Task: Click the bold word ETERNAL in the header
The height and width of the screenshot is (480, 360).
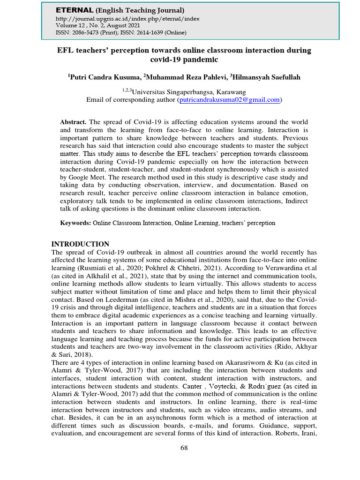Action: [75, 10]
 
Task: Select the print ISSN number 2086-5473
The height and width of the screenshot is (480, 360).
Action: [87, 32]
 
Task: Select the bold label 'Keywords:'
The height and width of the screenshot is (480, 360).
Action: [75, 223]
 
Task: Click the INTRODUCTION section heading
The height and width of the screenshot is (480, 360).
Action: [80, 244]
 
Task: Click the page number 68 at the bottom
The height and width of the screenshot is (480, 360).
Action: [184, 448]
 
